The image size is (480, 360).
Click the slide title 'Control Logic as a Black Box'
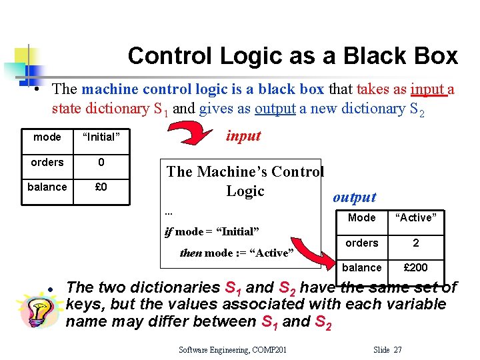coord(293,55)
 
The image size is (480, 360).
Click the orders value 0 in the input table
coord(101,162)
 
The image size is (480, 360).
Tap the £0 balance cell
coord(101,187)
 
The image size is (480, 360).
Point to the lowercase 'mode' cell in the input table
coord(47,137)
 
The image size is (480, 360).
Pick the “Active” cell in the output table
coord(415,218)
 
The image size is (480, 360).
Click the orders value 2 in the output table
coord(415,243)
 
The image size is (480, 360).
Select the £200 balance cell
coord(415,267)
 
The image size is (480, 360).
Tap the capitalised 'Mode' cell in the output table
coord(362,218)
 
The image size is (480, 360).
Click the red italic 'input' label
coord(243,136)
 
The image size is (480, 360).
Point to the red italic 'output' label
coord(354,197)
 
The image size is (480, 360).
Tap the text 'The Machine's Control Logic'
coord(245,181)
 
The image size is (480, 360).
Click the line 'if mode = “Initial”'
coord(211,232)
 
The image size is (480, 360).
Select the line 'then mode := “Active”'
coord(237,253)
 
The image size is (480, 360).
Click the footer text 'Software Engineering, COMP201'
coord(233,349)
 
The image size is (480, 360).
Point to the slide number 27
coord(397,349)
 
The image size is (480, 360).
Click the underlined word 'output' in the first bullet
coord(275,108)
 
